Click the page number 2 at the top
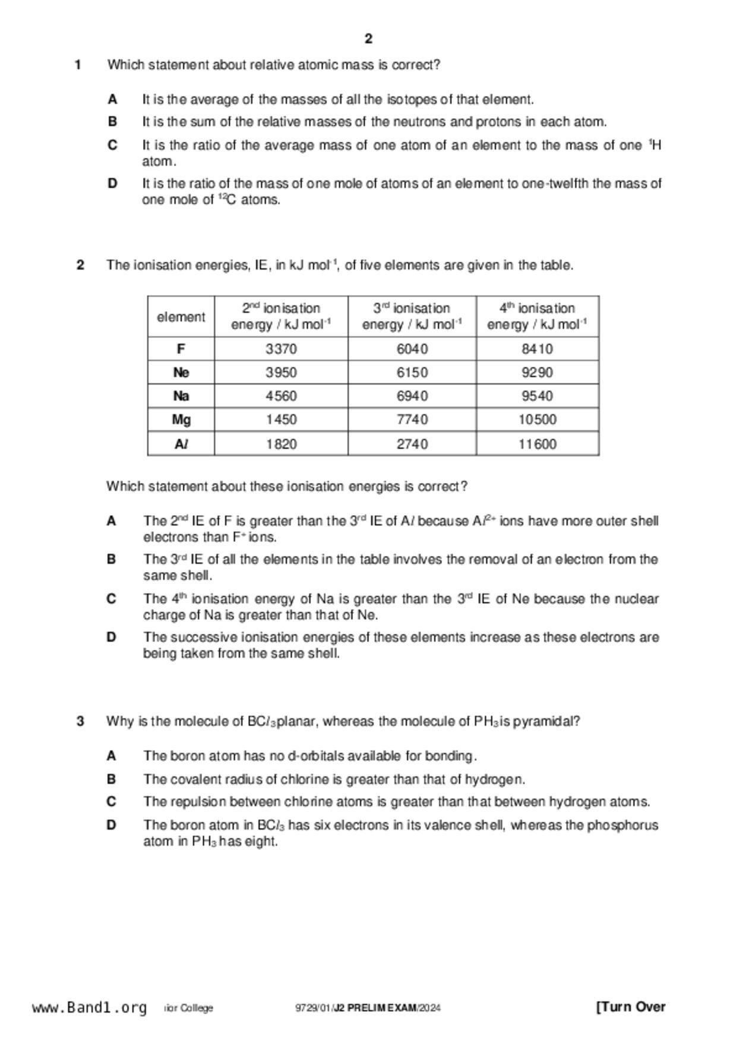pyautogui.click(x=368, y=39)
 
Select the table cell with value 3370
pyautogui.click(x=281, y=349)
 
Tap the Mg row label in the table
pyautogui.click(x=181, y=420)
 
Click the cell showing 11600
pyautogui.click(x=537, y=444)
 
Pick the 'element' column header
pyautogui.click(x=181, y=317)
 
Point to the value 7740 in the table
pyautogui.click(x=412, y=420)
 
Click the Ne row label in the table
pyautogui.click(x=181, y=373)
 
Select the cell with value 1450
pyautogui.click(x=281, y=420)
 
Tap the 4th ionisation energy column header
pyautogui.click(x=537, y=316)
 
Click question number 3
pyautogui.click(x=80, y=722)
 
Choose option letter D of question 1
pyautogui.click(x=112, y=184)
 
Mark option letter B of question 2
pyautogui.click(x=111, y=560)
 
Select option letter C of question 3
pyautogui.click(x=111, y=802)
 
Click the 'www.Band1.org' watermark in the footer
pyautogui.click(x=89, y=1008)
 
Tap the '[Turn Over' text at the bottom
pyautogui.click(x=630, y=1007)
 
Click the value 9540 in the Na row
pyautogui.click(x=537, y=396)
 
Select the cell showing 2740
pyautogui.click(x=412, y=444)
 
